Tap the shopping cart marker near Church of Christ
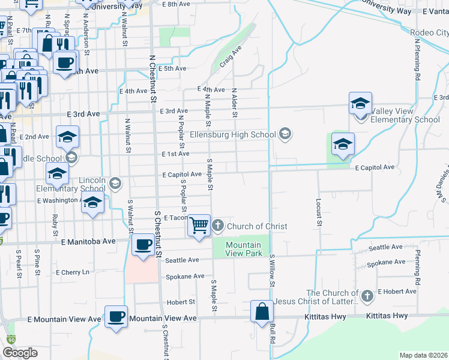[x=199, y=226]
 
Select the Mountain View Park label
[x=244, y=249]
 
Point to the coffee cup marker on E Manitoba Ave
[x=143, y=245]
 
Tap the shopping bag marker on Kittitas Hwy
[x=262, y=311]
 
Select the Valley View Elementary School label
[x=405, y=116]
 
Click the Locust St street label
[x=319, y=213]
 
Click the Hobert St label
[x=181, y=302]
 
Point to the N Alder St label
[x=234, y=103]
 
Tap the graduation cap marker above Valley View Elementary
[x=360, y=103]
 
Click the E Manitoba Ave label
[x=88, y=241]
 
